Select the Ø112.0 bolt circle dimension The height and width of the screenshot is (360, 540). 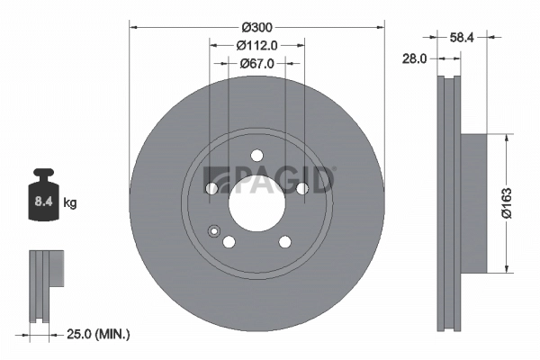(257, 44)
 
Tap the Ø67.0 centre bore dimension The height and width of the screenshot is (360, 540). (257, 63)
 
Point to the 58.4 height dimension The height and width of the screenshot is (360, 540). (462, 37)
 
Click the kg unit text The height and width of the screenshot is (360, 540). (70, 203)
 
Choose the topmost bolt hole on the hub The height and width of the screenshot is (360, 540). (256, 154)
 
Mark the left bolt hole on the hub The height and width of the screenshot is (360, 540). (212, 188)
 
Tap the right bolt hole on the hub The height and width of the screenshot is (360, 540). (301, 187)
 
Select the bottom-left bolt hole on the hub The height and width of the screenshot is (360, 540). (229, 241)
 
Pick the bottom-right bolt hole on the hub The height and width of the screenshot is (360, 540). (285, 241)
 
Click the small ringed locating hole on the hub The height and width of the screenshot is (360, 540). (213, 230)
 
